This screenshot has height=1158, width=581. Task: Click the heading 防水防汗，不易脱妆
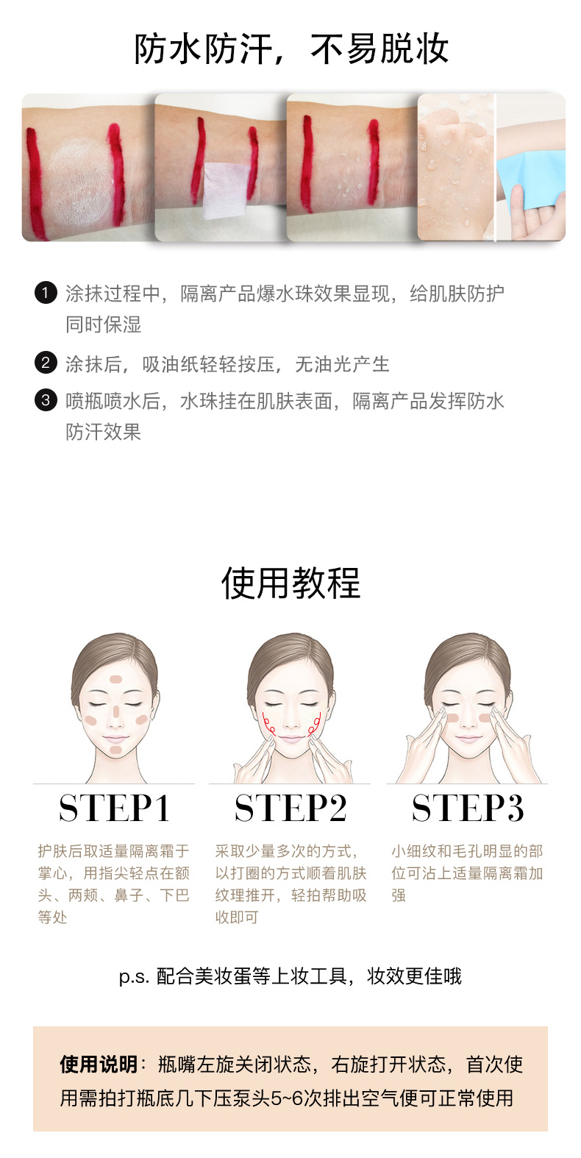pos(291,49)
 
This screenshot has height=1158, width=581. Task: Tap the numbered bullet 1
pos(46,293)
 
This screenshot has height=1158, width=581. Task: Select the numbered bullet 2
pos(46,363)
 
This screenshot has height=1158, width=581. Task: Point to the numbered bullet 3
pos(46,400)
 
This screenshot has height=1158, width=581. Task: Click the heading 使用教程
pos(290,583)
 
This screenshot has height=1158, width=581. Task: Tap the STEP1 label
pos(114,808)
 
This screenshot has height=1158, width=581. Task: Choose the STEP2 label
pos(290,808)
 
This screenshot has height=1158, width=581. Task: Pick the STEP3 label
pos(468,808)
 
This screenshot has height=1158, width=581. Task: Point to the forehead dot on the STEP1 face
pos(115,679)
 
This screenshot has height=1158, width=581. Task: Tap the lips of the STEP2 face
pos(291,738)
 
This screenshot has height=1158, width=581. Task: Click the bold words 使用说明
pos(99,1065)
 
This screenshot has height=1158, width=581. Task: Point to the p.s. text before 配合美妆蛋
pos(134,976)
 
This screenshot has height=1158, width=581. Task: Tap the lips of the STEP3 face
pos(468,738)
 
